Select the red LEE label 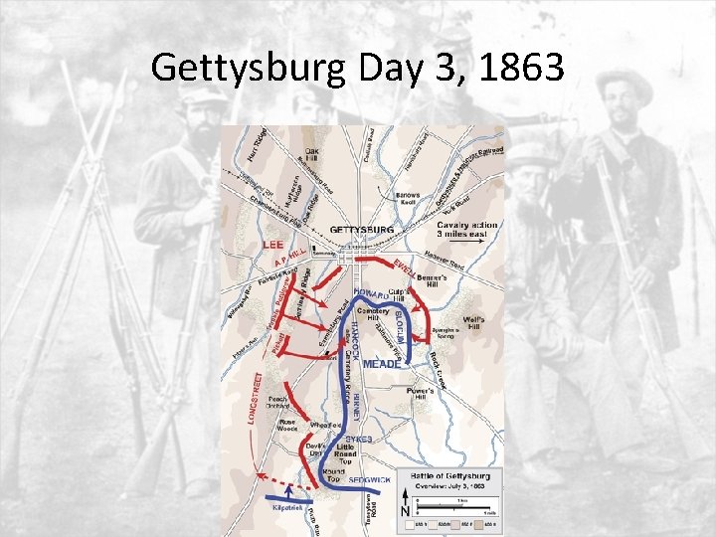[274, 244]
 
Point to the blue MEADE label [382, 365]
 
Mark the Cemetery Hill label [375, 314]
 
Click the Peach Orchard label [277, 403]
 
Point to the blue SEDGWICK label [368, 480]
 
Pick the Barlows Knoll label [407, 198]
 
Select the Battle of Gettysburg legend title [449, 478]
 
